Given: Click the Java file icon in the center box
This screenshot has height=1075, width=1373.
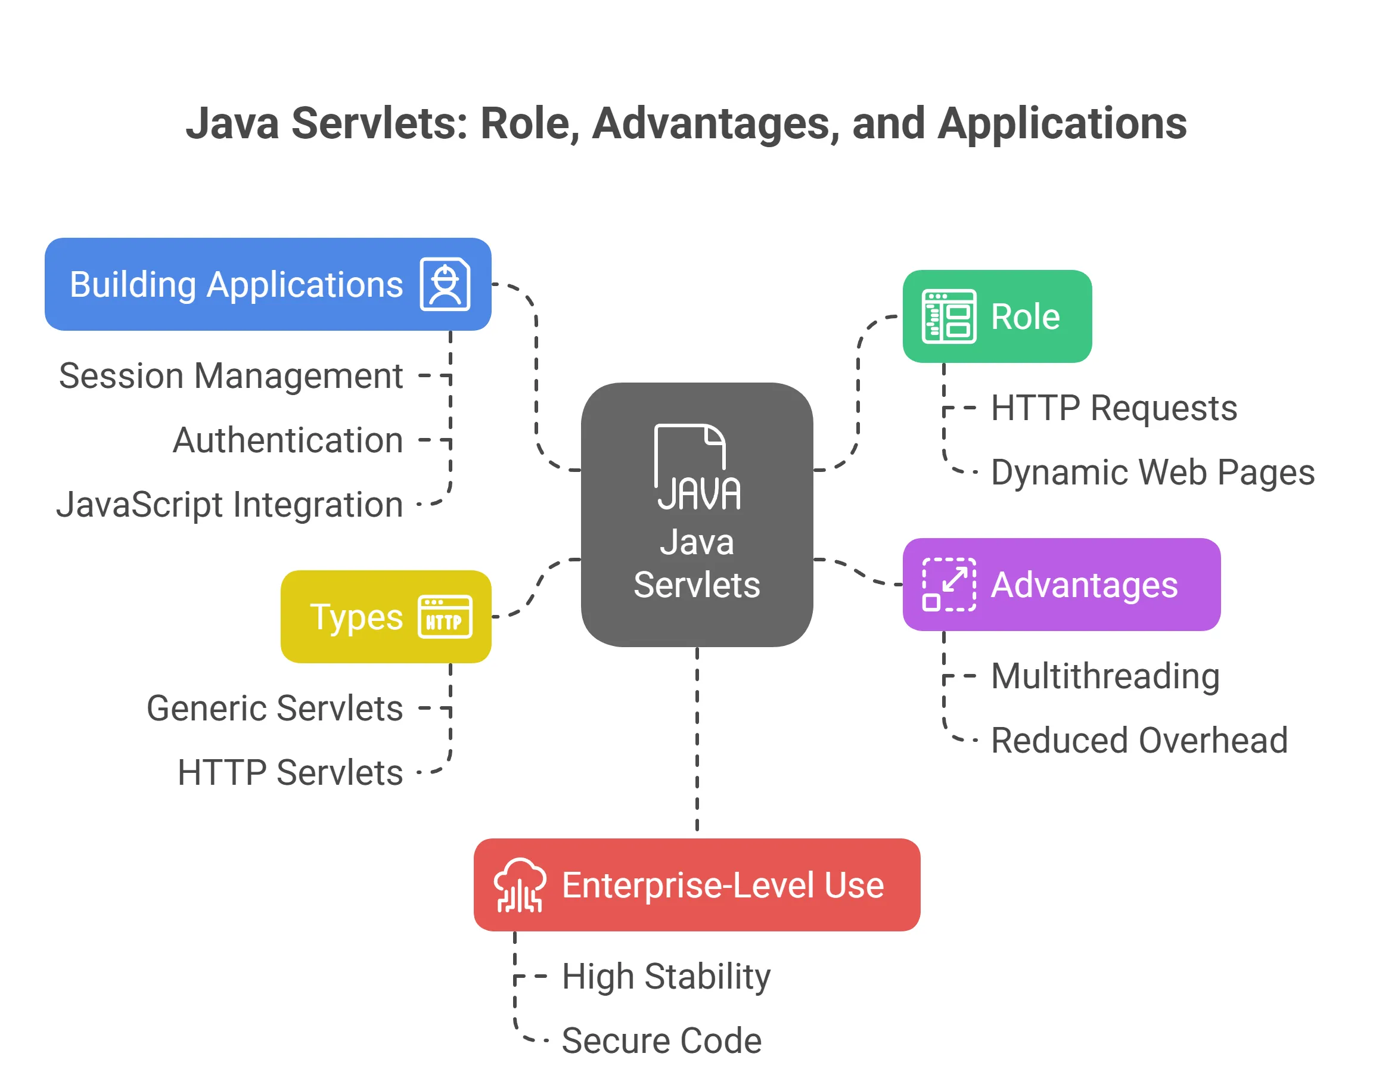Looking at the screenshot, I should point(697,467).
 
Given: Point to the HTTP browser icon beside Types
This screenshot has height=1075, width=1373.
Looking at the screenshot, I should point(445,617).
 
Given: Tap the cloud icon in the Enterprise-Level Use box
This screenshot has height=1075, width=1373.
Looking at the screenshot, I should point(520,885).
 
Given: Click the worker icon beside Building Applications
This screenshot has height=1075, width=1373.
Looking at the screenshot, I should point(445,284).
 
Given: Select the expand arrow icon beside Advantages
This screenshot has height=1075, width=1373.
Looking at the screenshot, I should point(949,585).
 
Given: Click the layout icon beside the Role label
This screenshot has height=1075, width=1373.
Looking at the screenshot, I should point(949,316).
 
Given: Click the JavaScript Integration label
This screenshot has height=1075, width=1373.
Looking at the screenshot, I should point(229,505).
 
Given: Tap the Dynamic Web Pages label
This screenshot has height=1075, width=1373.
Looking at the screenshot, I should point(1152,472).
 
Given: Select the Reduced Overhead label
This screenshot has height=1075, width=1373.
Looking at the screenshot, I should point(1139,740).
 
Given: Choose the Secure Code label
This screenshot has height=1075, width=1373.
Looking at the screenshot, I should point(661,1040).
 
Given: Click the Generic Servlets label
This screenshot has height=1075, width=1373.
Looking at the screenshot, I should point(274,708).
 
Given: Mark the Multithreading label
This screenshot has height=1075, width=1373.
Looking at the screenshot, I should point(1105,676).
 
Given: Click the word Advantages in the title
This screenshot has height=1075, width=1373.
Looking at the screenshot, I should point(711,123).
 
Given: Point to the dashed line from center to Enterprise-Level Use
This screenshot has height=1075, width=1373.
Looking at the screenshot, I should point(697,742).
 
